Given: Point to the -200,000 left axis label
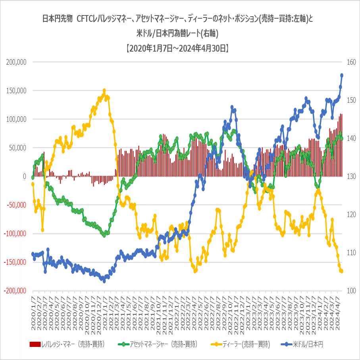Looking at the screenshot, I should point(15,291).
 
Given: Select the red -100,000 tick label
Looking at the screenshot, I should point(15,233).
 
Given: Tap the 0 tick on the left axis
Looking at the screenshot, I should point(24,176).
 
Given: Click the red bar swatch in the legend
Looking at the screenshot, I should point(35,344).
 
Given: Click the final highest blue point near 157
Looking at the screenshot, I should point(341,75).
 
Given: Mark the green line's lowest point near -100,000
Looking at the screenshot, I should point(104,235).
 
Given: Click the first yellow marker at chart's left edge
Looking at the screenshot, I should point(33,184).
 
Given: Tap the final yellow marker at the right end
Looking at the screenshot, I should point(341,271).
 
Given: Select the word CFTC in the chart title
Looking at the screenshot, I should point(85,19).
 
